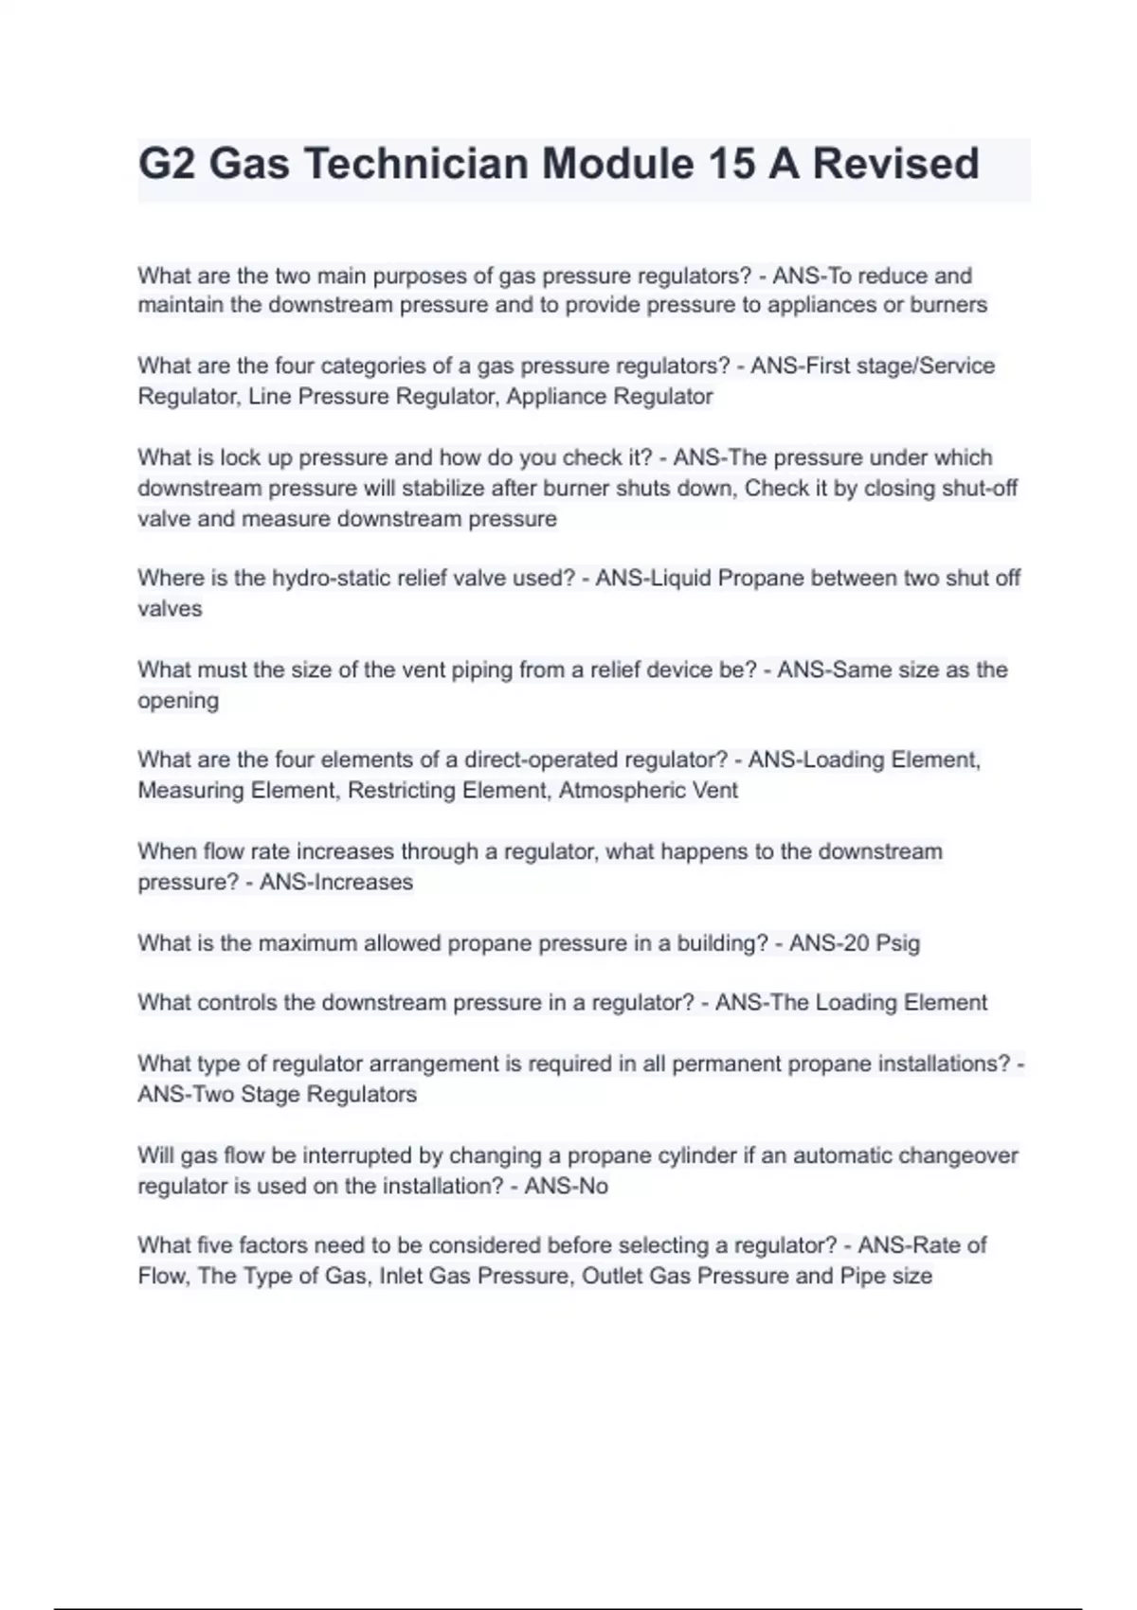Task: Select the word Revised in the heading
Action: point(895,163)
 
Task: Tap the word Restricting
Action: point(403,790)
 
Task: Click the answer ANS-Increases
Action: point(336,882)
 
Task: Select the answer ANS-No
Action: point(566,1186)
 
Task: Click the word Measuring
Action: point(191,790)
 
